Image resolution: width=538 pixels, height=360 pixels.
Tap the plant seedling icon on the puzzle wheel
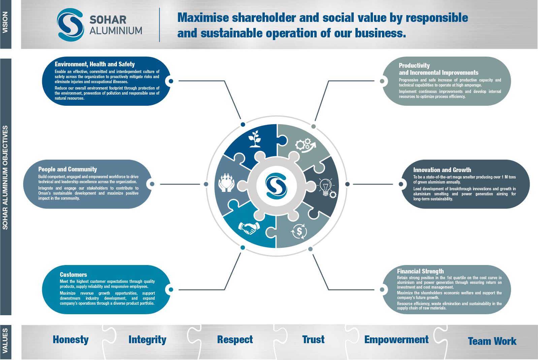point(255,139)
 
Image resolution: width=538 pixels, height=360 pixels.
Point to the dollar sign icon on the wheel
point(299,231)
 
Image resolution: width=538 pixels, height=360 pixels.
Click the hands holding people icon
point(226,183)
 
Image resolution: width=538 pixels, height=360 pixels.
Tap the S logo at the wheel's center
point(276,186)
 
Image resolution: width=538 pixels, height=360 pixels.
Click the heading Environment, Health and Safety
point(95,64)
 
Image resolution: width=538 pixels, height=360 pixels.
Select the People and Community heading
point(67,169)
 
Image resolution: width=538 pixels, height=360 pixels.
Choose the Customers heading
point(73,275)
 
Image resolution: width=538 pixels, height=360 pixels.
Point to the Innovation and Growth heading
point(442,170)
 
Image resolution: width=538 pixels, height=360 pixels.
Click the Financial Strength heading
point(420,271)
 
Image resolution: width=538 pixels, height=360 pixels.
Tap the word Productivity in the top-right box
point(414,66)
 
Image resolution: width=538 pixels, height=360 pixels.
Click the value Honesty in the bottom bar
point(71,340)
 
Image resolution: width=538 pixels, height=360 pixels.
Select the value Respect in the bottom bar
point(235,340)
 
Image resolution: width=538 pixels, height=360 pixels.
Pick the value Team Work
point(492,341)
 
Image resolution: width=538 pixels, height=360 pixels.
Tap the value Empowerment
point(396,340)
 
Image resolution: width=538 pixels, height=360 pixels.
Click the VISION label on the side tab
point(5,23)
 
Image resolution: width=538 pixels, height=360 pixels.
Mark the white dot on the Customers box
point(171,290)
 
